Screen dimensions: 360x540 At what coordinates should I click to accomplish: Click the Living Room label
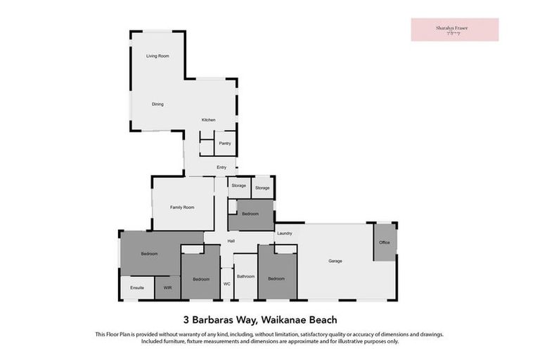157,56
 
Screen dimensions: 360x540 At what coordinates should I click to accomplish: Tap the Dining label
157,104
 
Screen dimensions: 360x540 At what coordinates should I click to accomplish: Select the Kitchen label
208,120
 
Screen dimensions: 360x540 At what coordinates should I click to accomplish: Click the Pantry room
224,143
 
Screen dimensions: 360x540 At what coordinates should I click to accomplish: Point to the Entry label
221,167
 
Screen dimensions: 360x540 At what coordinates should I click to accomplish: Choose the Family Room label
181,207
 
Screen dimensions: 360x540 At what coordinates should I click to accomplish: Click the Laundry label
284,233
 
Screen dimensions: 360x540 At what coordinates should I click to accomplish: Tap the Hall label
231,241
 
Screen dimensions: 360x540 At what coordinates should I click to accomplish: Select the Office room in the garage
384,243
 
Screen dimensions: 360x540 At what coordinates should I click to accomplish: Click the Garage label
335,261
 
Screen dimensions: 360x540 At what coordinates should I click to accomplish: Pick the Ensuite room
137,288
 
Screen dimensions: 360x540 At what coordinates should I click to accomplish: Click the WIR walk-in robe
167,288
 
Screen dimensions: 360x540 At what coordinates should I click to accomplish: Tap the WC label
226,283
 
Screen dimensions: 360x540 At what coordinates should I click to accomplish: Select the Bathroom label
245,276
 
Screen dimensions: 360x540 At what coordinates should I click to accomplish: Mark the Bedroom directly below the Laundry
276,278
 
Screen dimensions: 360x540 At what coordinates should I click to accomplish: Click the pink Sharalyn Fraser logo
454,30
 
